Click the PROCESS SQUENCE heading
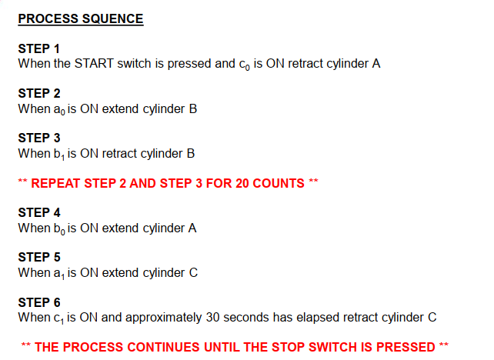coord(81,18)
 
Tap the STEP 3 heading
coord(38,138)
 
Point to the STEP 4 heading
coord(38,213)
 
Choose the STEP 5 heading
coord(38,258)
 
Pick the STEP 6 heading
coord(38,302)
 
